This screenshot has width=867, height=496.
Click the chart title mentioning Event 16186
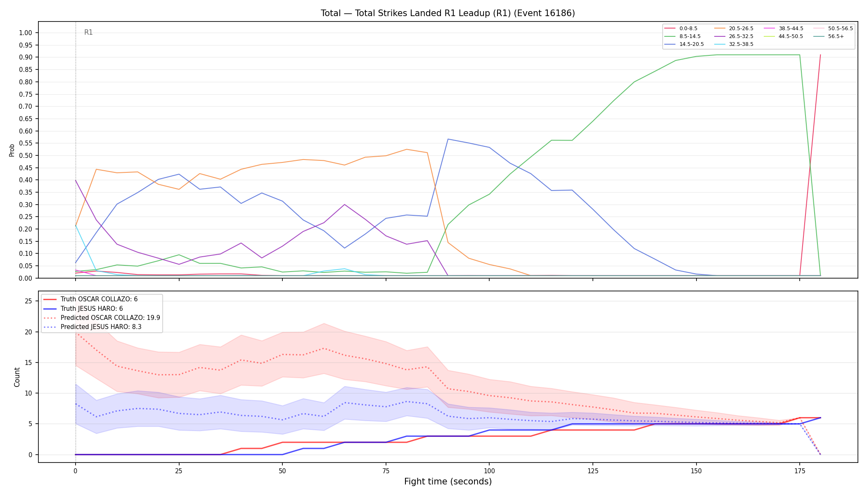coord(448,13)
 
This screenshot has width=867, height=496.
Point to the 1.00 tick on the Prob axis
coord(26,33)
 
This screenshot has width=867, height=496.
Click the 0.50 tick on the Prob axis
coord(26,156)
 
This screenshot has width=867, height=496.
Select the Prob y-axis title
coord(12,150)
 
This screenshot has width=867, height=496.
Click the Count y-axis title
coord(17,377)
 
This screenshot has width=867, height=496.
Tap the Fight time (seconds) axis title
coord(448,482)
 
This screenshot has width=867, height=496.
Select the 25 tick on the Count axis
coord(28,301)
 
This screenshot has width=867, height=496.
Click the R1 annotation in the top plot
coord(88,32)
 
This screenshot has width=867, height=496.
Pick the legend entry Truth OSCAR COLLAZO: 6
coord(99,299)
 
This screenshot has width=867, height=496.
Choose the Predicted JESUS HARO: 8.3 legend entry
coord(101,327)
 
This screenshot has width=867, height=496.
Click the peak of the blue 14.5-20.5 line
coord(448,139)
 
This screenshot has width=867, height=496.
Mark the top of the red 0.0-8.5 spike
coord(820,55)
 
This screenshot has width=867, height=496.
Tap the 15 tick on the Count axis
coord(28,362)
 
